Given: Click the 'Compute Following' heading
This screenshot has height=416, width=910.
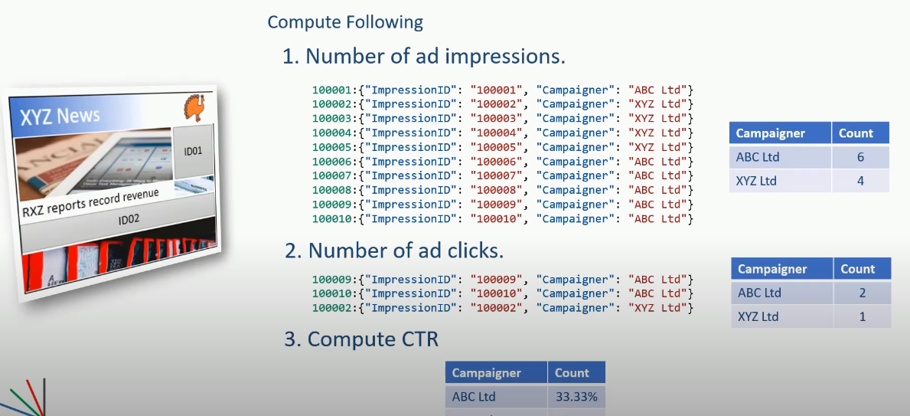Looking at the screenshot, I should click(344, 21).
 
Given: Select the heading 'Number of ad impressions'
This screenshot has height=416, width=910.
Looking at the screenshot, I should click(424, 57).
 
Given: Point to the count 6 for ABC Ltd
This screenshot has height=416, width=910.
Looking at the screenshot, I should click(859, 157).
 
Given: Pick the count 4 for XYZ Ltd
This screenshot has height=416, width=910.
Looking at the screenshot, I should click(859, 181).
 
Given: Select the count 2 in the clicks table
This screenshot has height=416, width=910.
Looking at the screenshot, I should click(862, 293).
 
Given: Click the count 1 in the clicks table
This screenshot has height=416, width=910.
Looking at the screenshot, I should click(862, 316).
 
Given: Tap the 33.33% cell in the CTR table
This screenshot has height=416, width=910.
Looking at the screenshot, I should click(576, 397).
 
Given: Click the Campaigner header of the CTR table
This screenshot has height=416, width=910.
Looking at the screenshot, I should click(487, 373).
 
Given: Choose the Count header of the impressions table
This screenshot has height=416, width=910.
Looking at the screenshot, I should click(856, 133).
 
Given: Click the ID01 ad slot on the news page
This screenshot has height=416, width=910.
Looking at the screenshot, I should click(194, 151).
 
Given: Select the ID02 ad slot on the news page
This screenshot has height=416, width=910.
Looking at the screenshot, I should click(128, 221).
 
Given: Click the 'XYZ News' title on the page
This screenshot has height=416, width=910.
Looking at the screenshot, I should click(60, 117).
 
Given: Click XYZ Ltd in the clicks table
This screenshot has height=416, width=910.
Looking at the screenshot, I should click(757, 316).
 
